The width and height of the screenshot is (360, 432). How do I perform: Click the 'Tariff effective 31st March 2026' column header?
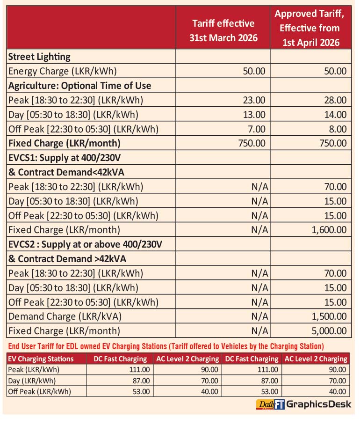click(223, 30)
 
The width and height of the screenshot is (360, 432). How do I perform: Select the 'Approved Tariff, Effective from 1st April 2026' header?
click(310, 28)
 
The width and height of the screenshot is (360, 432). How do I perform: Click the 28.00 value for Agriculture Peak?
click(335, 100)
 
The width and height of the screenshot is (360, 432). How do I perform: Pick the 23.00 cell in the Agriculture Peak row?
click(254, 100)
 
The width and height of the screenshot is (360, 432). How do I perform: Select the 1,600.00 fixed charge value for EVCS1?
click(329, 230)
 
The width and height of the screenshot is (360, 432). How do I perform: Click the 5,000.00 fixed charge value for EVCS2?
click(329, 331)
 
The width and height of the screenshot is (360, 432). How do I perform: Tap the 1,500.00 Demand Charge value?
click(329, 316)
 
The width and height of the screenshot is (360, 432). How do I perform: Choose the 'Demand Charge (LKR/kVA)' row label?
click(65, 316)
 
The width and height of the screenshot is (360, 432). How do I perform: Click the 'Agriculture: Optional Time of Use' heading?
click(79, 86)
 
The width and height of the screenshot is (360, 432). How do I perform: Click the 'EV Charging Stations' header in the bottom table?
click(41, 359)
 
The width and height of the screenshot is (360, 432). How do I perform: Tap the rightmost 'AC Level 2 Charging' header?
click(317, 359)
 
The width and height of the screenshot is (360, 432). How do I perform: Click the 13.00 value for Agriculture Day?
click(254, 115)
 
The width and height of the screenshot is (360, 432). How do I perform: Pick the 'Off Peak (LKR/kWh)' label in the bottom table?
click(40, 392)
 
